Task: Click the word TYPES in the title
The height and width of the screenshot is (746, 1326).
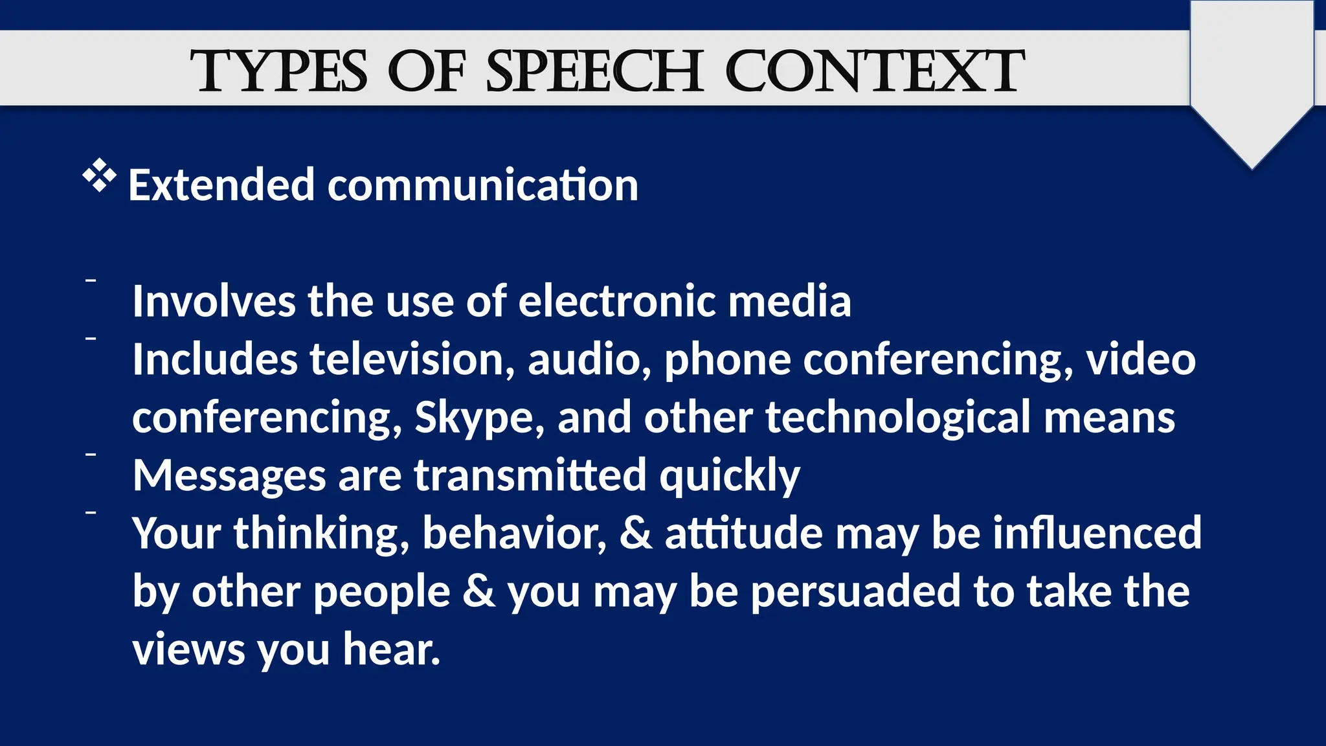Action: [x=278, y=71]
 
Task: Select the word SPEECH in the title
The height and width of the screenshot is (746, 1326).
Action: [x=594, y=71]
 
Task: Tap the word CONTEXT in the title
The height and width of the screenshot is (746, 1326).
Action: [x=875, y=71]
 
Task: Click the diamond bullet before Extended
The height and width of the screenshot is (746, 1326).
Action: [x=100, y=175]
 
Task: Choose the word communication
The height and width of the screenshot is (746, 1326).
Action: [x=483, y=185]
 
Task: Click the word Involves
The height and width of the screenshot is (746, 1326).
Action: [x=214, y=302]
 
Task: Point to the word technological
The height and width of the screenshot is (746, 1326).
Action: [x=898, y=418]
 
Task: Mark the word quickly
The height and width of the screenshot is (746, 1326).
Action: [x=730, y=476]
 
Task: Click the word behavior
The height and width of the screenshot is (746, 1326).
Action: [x=515, y=534]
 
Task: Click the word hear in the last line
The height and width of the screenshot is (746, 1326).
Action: [x=391, y=650]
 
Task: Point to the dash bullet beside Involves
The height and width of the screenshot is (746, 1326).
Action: [x=91, y=280]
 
